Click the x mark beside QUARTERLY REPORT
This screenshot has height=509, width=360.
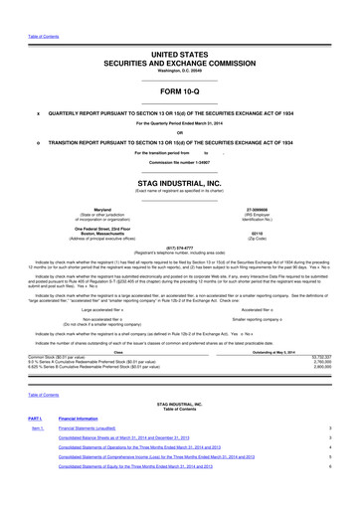pos(38,112)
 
